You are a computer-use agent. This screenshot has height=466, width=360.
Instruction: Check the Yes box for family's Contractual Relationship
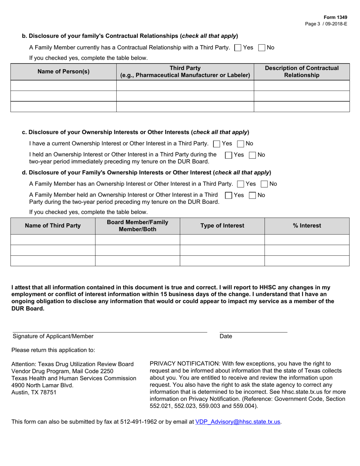238,48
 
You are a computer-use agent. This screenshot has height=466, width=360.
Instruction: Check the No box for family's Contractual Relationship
261,48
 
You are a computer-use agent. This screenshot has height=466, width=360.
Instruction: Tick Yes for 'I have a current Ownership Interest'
217,144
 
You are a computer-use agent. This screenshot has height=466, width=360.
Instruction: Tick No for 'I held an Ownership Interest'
252,155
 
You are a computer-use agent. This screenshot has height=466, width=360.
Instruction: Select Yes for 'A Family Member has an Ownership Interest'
240,184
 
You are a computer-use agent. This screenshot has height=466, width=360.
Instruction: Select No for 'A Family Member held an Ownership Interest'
252,195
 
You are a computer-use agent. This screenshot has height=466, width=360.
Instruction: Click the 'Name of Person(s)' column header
63,72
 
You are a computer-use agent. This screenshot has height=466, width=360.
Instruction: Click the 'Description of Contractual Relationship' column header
302,72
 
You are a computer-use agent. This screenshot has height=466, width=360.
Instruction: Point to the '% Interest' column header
307,226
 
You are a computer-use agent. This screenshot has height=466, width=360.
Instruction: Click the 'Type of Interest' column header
222,226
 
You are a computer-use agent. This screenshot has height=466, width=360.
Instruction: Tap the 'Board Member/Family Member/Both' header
138,226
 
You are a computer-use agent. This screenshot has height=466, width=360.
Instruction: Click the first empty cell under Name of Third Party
53,239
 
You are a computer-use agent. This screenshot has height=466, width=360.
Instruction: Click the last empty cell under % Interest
307,261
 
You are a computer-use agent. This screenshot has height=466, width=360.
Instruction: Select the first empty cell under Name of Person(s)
63,85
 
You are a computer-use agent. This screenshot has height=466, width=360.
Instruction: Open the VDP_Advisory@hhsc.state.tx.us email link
238,422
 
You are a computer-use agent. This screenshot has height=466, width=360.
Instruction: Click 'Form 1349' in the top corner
335,17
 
